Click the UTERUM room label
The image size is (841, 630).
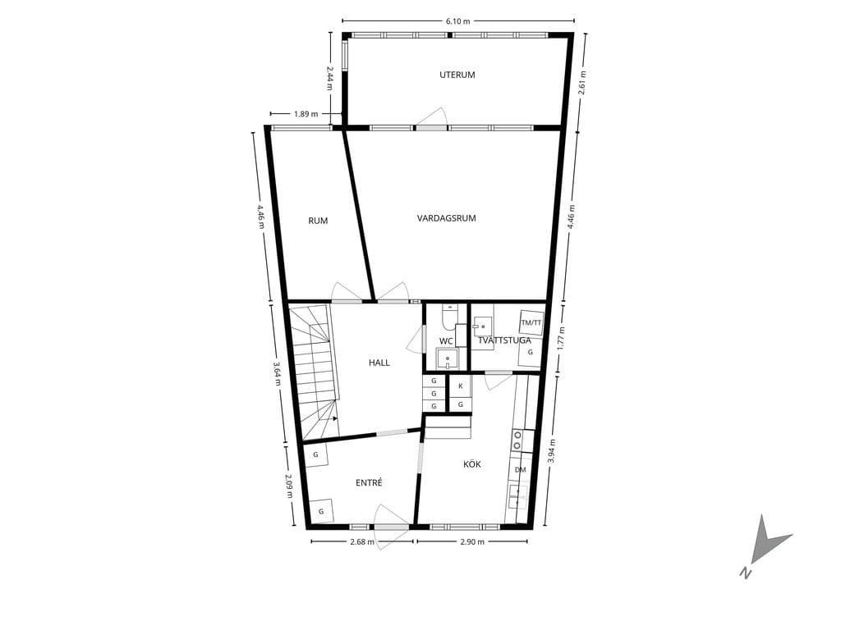(457, 75)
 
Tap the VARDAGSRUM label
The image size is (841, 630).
(446, 218)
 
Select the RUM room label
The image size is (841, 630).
(318, 221)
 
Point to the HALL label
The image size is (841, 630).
(379, 363)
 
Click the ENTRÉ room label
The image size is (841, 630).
(369, 482)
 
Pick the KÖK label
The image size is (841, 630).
(472, 464)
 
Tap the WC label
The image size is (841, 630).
(446, 341)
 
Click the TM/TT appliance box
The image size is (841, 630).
(531, 323)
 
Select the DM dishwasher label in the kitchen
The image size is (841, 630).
(520, 470)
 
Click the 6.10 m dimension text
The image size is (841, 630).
(457, 21)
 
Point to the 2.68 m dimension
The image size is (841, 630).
(361, 541)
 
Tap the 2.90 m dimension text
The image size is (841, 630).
(472, 541)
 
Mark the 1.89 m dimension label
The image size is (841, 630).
(306, 113)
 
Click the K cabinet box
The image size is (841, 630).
(460, 386)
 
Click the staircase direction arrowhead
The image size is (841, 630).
(335, 418)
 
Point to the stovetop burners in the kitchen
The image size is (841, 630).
(517, 440)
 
